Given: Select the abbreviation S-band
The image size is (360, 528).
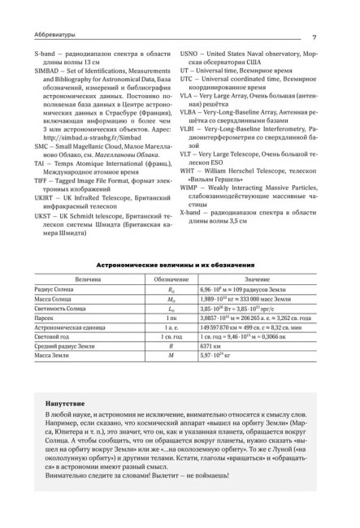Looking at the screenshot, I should point(55,52).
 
